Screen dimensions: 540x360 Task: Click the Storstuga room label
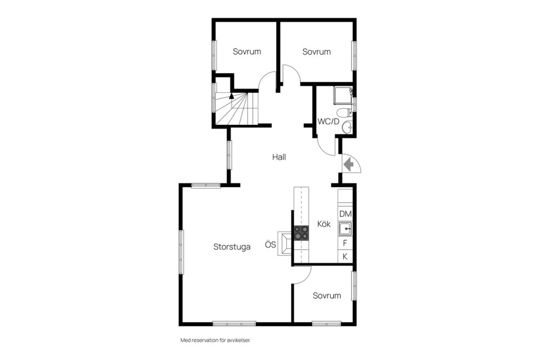(x=232, y=247)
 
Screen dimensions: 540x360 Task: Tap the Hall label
(x=280, y=157)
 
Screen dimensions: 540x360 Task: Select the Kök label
(x=324, y=224)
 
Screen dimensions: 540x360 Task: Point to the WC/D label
(x=328, y=121)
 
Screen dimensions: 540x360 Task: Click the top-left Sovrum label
(x=247, y=52)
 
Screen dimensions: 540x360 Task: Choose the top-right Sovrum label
(x=317, y=52)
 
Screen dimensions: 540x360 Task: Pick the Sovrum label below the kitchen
(x=327, y=295)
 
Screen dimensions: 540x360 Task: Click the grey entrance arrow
(x=349, y=164)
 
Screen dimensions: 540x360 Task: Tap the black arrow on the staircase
(x=231, y=96)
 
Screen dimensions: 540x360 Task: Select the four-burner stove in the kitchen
(x=301, y=233)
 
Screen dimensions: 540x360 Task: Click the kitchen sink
(x=345, y=229)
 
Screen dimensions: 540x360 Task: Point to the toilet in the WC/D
(x=345, y=112)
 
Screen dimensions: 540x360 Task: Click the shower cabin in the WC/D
(x=343, y=96)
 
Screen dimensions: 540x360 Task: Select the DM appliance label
(x=345, y=214)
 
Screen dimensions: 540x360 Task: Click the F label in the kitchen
(x=345, y=244)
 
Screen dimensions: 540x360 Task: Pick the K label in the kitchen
(x=345, y=256)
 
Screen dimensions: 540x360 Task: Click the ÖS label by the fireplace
(x=271, y=244)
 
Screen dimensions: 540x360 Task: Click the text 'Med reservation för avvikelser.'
(x=215, y=340)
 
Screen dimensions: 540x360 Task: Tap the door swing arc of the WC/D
(x=324, y=150)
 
